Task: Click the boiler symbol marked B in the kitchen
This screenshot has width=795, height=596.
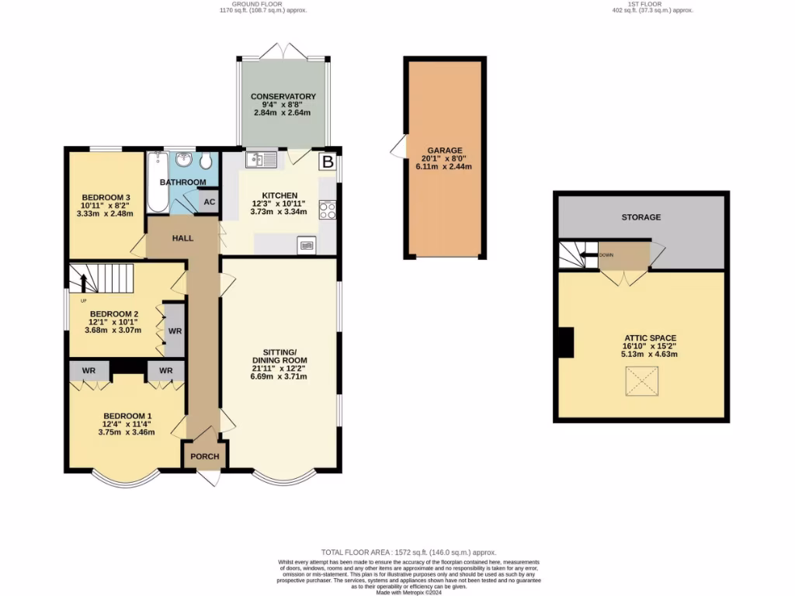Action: click(x=328, y=162)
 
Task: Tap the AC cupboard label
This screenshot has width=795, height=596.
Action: click(x=209, y=201)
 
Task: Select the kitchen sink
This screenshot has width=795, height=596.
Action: click(x=261, y=161)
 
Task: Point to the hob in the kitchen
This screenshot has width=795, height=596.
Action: click(x=327, y=210)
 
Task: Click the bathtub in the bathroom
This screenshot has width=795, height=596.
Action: click(x=157, y=182)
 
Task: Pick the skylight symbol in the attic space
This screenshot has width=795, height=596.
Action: click(x=641, y=381)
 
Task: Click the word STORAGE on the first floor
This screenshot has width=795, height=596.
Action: click(x=641, y=217)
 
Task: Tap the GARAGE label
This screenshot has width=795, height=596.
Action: click(x=445, y=151)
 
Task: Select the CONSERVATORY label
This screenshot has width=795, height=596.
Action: click(x=282, y=97)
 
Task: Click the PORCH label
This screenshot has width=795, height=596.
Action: click(x=205, y=456)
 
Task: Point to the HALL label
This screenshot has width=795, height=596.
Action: click(x=183, y=238)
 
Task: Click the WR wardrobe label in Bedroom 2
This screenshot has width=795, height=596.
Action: click(x=175, y=331)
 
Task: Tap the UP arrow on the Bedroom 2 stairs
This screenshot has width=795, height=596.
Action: click(x=84, y=282)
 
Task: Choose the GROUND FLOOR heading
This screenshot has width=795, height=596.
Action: click(x=239, y=4)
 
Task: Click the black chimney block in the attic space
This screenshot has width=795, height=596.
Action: click(x=566, y=342)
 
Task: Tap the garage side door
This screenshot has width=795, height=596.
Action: click(x=399, y=147)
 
